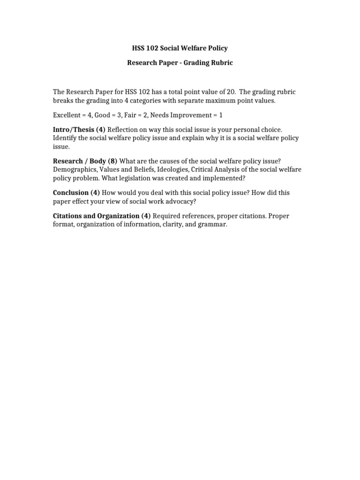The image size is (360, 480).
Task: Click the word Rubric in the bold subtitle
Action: (222, 62)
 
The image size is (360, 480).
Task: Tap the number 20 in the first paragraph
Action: (226, 92)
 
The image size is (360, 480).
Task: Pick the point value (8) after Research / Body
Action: (112, 161)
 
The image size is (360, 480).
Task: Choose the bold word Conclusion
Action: (71, 193)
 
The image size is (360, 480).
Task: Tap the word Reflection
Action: (124, 129)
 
